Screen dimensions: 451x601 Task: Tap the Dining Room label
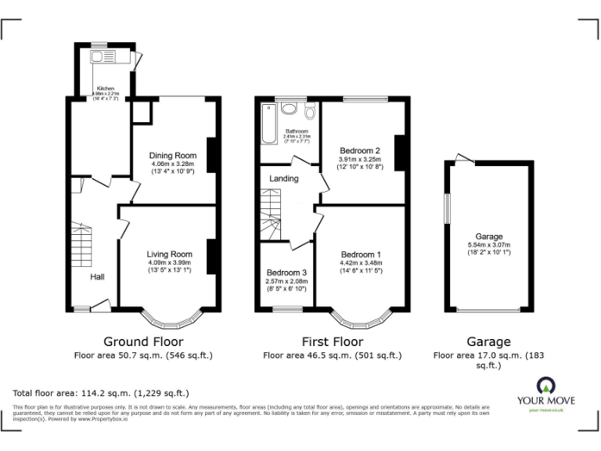pyautogui.click(x=172, y=155)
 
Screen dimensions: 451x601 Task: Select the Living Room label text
pyautogui.click(x=170, y=254)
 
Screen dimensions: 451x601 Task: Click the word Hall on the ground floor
pyautogui.click(x=97, y=277)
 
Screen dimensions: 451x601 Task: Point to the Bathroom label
pyautogui.click(x=297, y=131)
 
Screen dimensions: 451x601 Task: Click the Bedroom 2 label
pyautogui.click(x=359, y=150)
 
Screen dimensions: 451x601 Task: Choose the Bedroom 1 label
pyautogui.click(x=361, y=254)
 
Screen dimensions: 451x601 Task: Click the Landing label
pyautogui.click(x=283, y=179)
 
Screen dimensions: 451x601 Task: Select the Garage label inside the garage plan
pyautogui.click(x=489, y=236)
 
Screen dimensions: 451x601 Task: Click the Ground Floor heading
pyautogui.click(x=143, y=341)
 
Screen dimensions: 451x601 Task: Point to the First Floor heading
pyautogui.click(x=332, y=341)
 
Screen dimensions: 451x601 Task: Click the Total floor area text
pyautogui.click(x=101, y=393)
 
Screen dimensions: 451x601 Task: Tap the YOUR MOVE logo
pyautogui.click(x=545, y=391)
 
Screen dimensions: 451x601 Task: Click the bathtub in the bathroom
pyautogui.click(x=267, y=127)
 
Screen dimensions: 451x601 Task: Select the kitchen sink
pyautogui.click(x=102, y=57)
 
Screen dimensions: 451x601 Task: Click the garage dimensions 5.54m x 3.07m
pyautogui.click(x=489, y=246)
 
